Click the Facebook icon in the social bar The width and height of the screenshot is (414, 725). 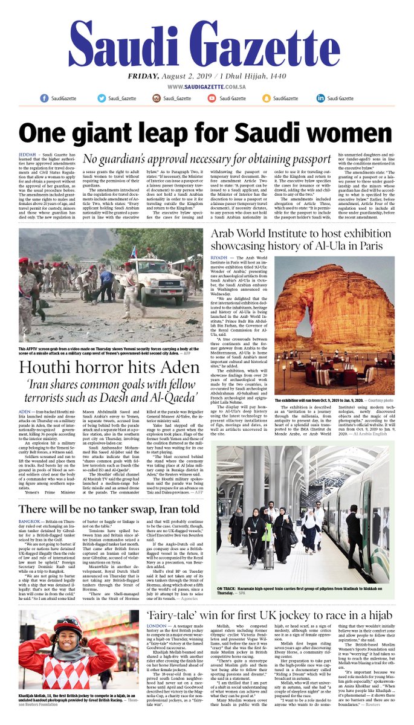[45, 98]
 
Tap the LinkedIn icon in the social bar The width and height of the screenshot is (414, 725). [320, 98]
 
